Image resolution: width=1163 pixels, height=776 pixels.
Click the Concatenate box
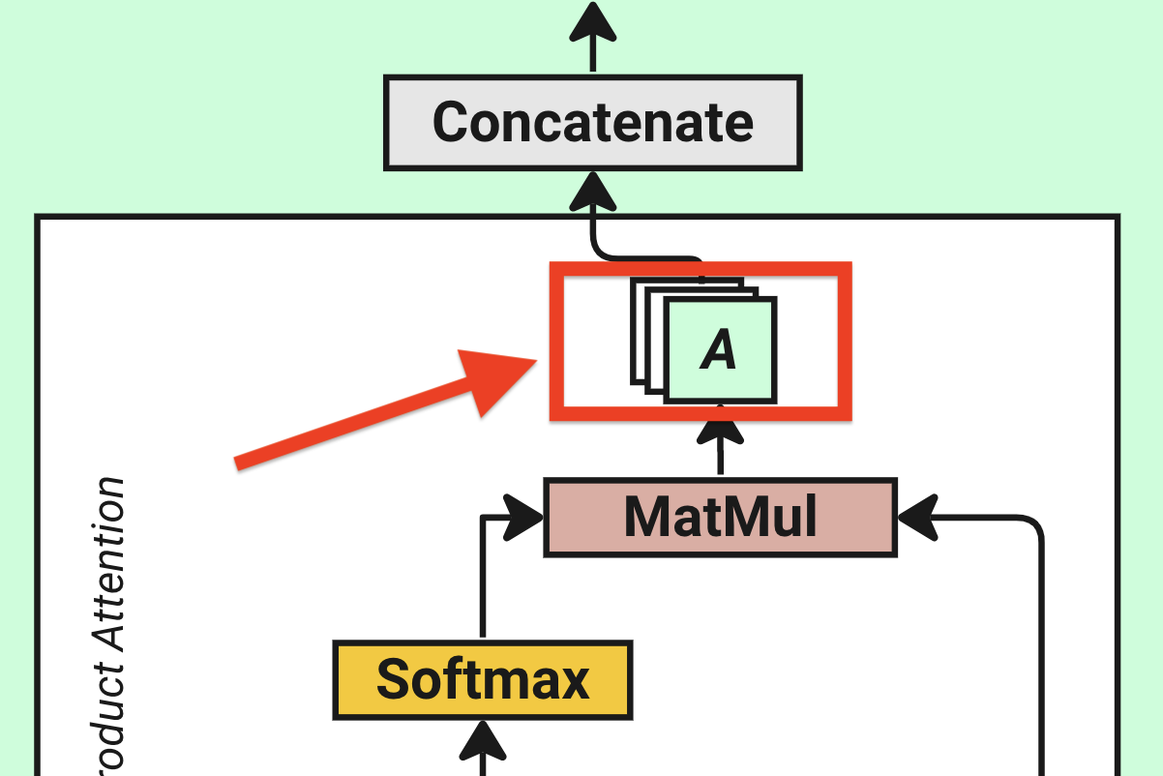pyautogui.click(x=593, y=123)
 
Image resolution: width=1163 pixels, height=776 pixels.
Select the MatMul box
pyautogui.click(x=720, y=517)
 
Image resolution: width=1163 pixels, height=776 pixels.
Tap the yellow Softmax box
pyautogui.click(x=482, y=679)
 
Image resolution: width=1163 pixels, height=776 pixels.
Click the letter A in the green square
pyautogui.click(x=719, y=349)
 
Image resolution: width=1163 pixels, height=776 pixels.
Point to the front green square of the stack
pyautogui.click(x=720, y=349)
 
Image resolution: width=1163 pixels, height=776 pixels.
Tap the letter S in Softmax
pyautogui.click(x=393, y=679)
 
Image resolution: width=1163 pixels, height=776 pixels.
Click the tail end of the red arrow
pyautogui.click(x=239, y=462)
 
